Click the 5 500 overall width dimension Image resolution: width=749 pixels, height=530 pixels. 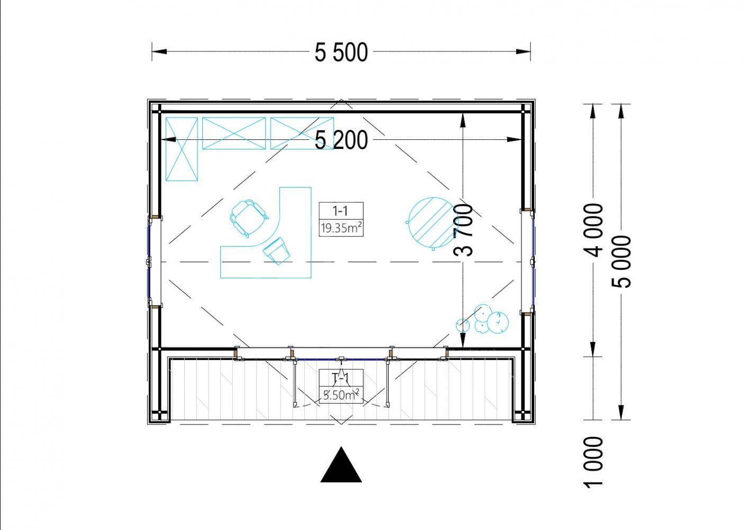click(x=341, y=52)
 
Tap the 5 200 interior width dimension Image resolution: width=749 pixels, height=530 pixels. click(x=341, y=140)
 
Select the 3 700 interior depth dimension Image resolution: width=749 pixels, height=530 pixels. click(x=463, y=231)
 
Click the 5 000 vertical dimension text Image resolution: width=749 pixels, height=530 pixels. click(x=621, y=262)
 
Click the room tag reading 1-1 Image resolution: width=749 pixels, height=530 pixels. click(x=341, y=210)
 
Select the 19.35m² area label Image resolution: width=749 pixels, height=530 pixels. click(x=341, y=228)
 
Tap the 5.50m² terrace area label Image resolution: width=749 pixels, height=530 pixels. click(x=341, y=395)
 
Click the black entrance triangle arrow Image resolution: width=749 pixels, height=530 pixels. click(x=341, y=465)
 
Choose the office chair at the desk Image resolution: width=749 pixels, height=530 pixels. click(x=248, y=218)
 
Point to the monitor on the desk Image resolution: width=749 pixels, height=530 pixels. click(x=276, y=251)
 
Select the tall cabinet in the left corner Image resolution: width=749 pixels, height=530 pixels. click(x=182, y=149)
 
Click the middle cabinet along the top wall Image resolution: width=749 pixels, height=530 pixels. click(x=234, y=133)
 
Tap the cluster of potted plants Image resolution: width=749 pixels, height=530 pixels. click(x=482, y=320)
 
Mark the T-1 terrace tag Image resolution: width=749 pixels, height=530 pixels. click(x=341, y=378)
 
